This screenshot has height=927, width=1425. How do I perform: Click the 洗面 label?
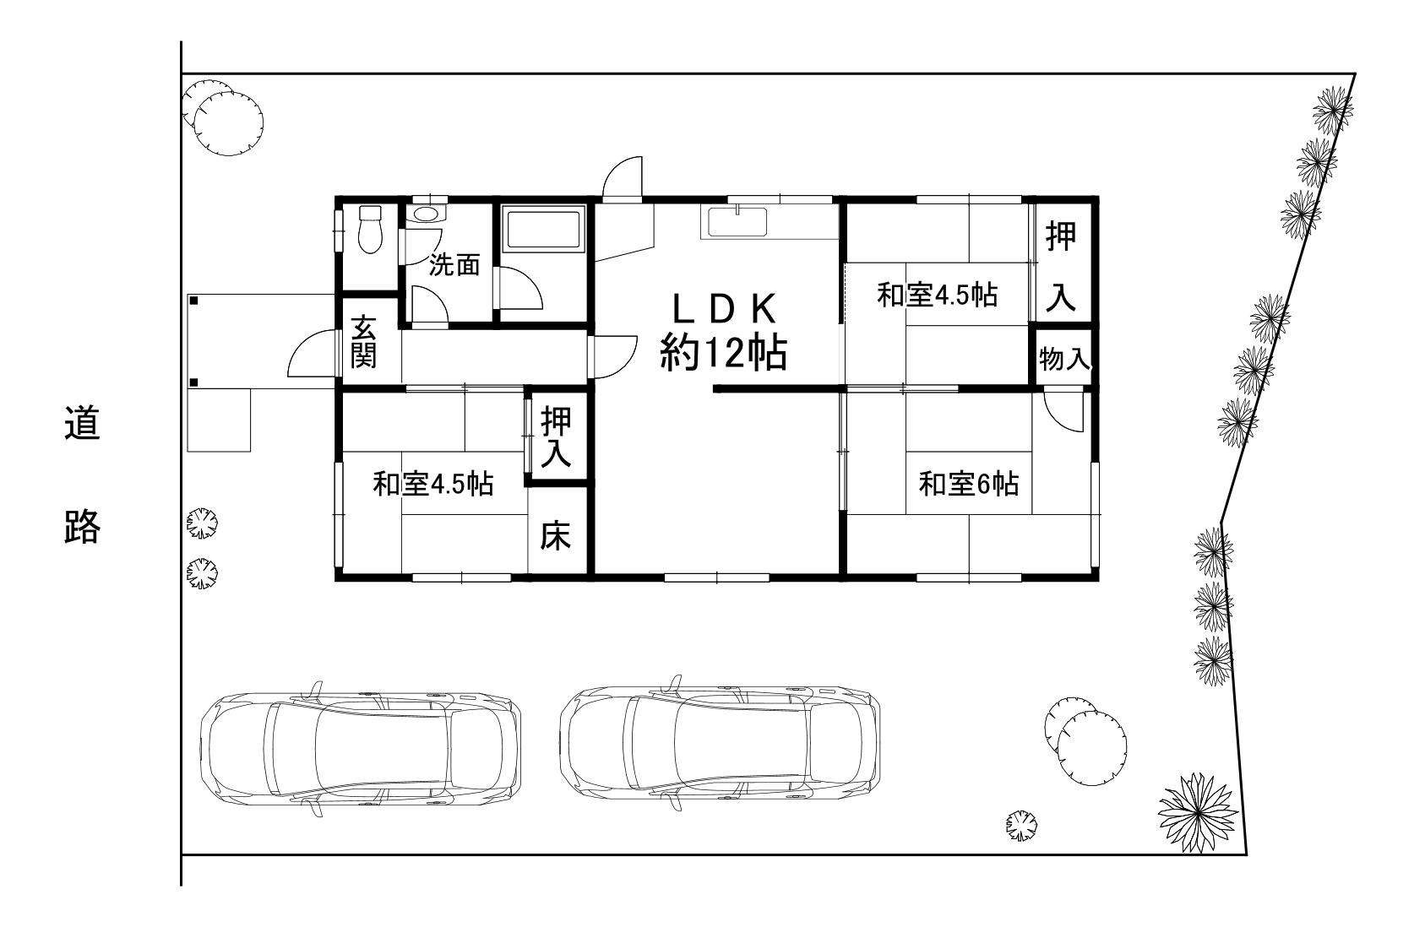point(454,265)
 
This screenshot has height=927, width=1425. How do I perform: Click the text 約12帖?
point(723,352)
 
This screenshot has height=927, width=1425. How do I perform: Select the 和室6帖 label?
point(968,485)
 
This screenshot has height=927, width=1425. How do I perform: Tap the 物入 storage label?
point(1063,360)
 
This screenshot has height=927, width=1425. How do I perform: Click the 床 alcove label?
point(557,535)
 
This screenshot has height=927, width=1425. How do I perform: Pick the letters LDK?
point(724,309)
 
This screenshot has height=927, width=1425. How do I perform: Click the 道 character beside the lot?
point(83,423)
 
